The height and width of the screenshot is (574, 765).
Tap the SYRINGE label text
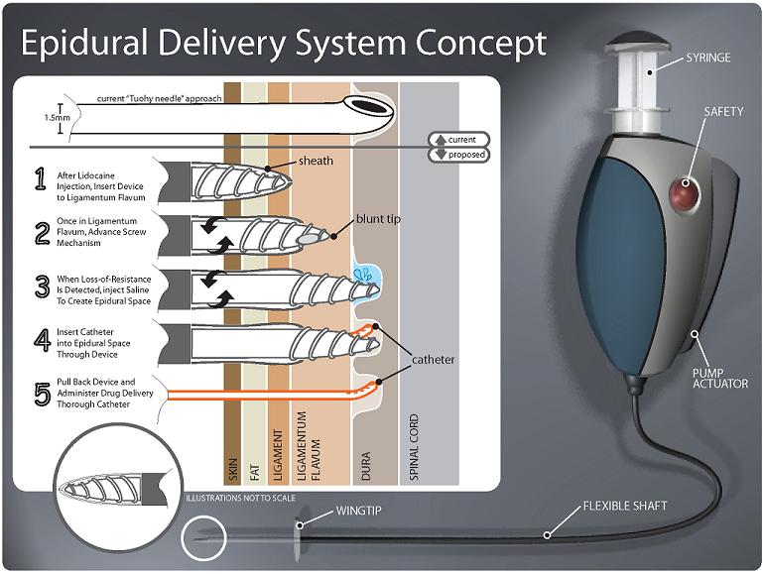pos(707,57)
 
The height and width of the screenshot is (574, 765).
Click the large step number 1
pos(41,178)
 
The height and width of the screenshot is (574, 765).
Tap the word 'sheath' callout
pos(316,161)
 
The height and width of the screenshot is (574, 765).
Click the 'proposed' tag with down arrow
pos(456,154)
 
